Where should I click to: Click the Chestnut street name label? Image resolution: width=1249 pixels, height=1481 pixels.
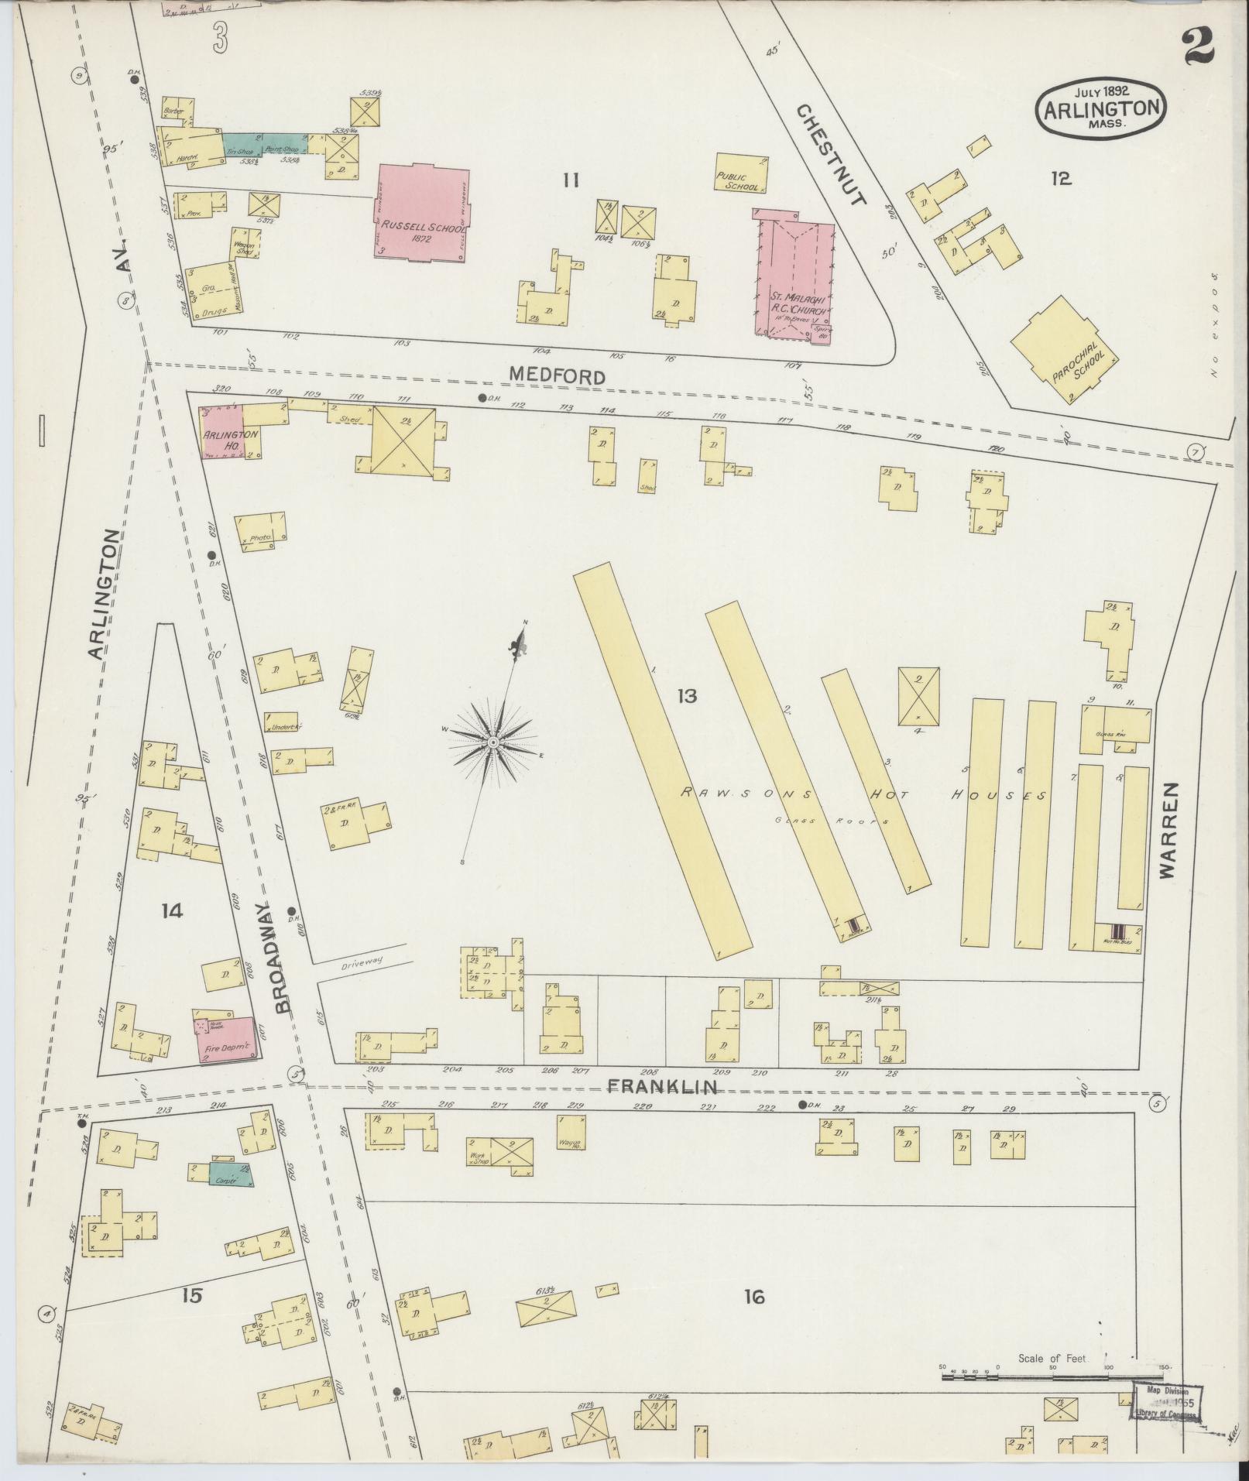[830, 156]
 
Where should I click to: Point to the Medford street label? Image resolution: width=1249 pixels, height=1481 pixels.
[557, 376]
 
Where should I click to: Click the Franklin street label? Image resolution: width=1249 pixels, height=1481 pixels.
[661, 1088]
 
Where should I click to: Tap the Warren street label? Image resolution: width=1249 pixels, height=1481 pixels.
[1168, 829]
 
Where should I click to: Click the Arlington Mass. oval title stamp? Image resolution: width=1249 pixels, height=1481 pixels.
[1101, 109]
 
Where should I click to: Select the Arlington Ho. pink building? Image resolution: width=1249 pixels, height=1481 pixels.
[221, 434]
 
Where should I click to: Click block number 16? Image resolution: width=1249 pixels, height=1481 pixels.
[754, 1296]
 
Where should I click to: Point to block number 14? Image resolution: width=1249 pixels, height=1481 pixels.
[172, 910]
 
